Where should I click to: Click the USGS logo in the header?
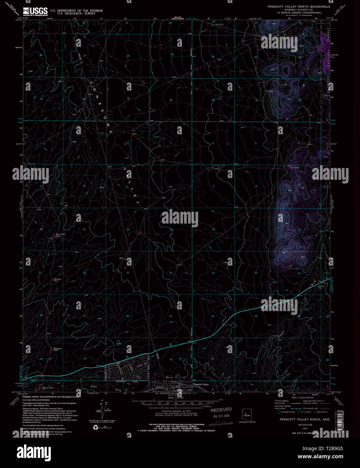[x=35, y=11]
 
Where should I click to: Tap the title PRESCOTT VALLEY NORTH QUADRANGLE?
[x=299, y=7]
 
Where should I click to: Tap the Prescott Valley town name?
[x=201, y=384]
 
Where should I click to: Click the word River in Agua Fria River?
[x=169, y=378]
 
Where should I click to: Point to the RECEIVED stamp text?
[x=221, y=410]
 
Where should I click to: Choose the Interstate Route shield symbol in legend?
[x=279, y=411]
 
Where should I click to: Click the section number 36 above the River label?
[x=171, y=360]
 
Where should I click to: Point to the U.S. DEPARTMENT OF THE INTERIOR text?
[x=76, y=10]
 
